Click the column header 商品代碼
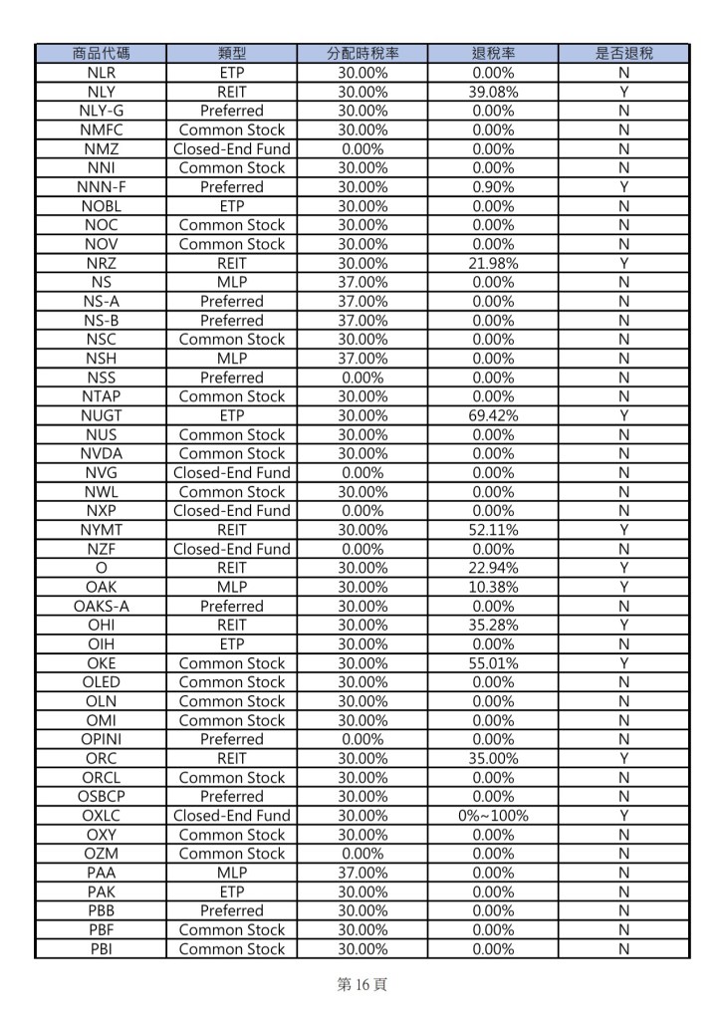click(101, 54)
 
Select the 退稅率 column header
click(493, 54)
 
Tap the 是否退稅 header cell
click(623, 54)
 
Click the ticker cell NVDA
click(101, 453)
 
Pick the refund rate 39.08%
click(493, 92)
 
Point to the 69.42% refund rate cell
click(493, 415)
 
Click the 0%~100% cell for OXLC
click(493, 816)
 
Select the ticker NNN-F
click(101, 187)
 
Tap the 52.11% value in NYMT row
click(493, 530)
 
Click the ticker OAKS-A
click(101, 606)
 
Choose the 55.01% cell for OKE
click(493, 663)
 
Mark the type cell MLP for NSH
click(231, 359)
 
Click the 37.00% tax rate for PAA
click(363, 873)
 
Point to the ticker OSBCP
click(101, 797)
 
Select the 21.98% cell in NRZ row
click(493, 263)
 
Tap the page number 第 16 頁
click(363, 985)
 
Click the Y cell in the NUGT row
click(623, 415)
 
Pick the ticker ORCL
click(101, 778)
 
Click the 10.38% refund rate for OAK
click(493, 587)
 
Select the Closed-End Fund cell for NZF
click(231, 549)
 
